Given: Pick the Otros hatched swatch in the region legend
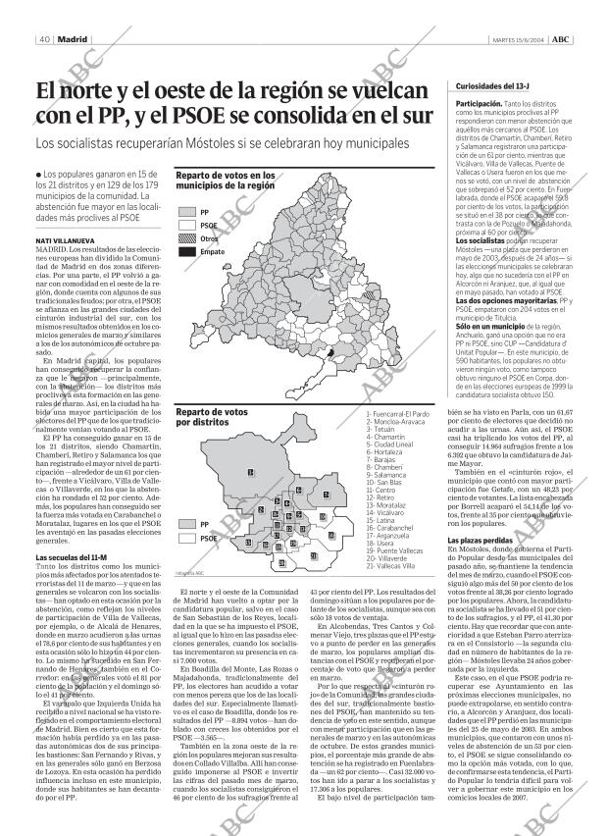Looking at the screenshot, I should tap(186, 238).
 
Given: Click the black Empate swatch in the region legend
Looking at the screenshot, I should tap(186, 252).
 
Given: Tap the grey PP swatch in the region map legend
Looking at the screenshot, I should tap(186, 211).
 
